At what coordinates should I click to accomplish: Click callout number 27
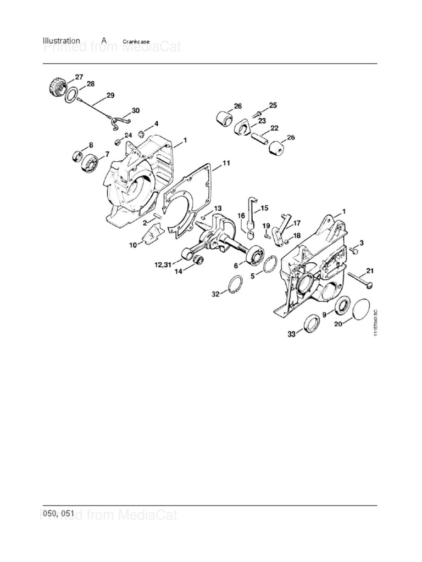coord(79,77)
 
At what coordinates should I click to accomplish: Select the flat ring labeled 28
coord(71,94)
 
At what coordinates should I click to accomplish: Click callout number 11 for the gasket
coord(226,164)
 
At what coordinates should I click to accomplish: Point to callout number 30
coord(135,110)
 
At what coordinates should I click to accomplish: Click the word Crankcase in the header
coord(136,41)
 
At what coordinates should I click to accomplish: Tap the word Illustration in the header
coord(62,41)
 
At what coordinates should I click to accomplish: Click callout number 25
coord(273,105)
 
